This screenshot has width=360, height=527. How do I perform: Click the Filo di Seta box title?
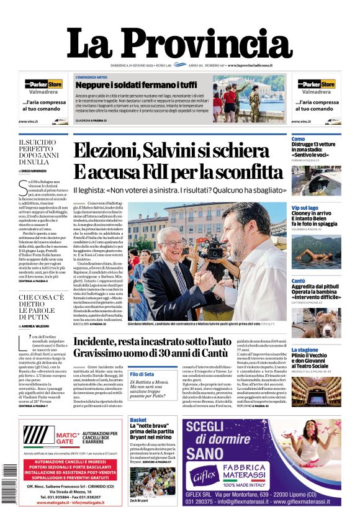tap(142, 374)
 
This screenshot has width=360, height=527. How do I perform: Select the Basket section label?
tap(138, 420)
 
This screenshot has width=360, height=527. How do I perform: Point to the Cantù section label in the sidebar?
tap(299, 281)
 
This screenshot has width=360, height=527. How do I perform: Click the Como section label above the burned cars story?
tap(298, 139)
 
